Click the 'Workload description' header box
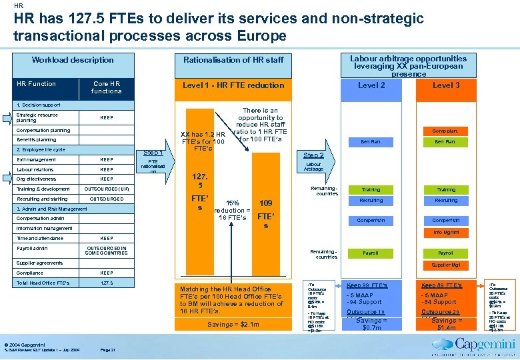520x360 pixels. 73,60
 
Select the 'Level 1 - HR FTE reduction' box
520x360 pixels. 233,85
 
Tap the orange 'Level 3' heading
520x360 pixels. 446,85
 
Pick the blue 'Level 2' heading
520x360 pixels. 371,85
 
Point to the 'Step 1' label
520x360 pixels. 153,153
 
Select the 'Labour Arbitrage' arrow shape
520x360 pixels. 313,167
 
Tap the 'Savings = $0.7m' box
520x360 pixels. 371,324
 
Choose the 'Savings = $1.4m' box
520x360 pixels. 446,324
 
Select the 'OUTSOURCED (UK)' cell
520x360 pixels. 106,189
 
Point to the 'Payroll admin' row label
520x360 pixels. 33,249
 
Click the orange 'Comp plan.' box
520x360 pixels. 446,131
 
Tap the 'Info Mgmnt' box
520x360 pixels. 446,233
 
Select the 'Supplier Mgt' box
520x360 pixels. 446,265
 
